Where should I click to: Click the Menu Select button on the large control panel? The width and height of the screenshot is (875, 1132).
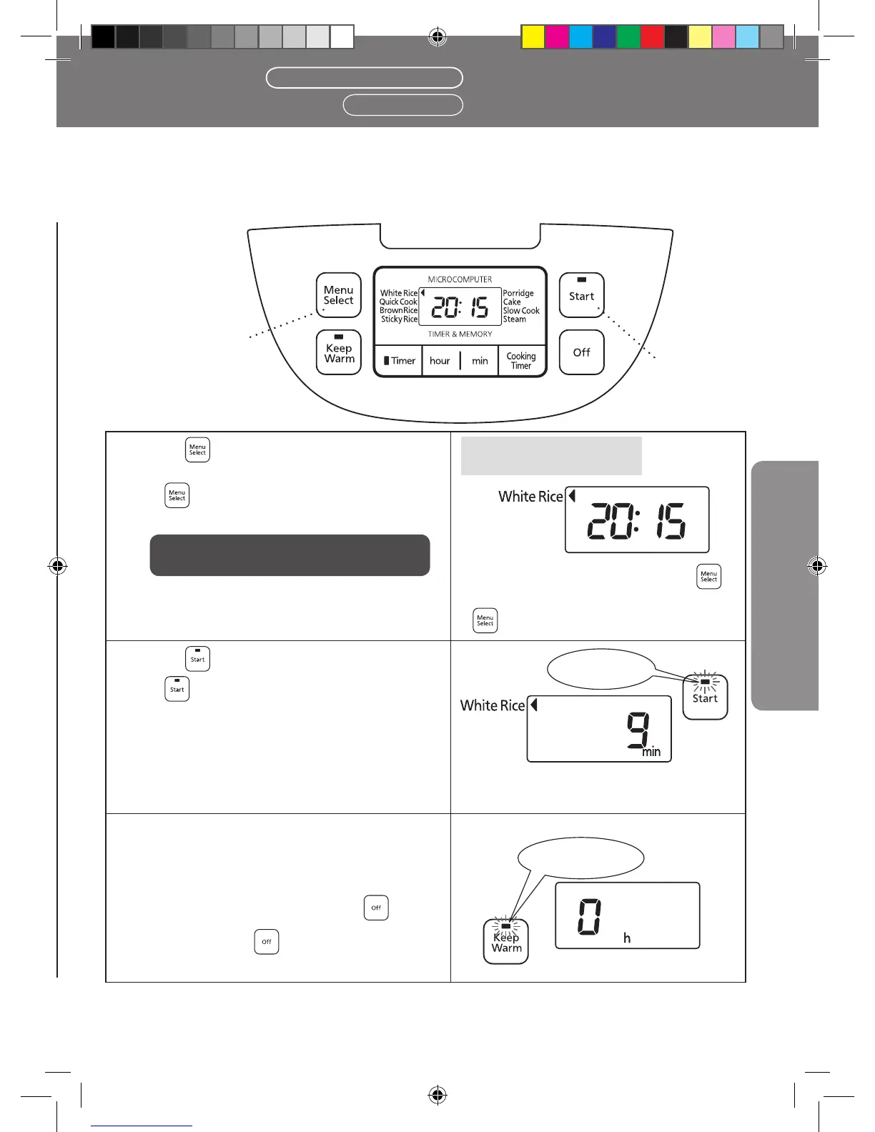click(x=339, y=295)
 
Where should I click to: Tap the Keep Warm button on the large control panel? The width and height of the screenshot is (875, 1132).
click(x=339, y=352)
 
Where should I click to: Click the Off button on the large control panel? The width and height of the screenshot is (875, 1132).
click(x=581, y=352)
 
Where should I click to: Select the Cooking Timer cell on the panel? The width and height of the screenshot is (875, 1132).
click(x=521, y=361)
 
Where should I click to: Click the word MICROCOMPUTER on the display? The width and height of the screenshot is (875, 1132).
click(x=460, y=279)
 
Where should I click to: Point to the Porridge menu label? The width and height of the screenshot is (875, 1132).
click(x=518, y=294)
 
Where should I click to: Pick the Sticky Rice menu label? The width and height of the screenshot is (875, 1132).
click(x=399, y=319)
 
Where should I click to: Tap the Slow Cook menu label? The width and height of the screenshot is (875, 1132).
click(x=521, y=311)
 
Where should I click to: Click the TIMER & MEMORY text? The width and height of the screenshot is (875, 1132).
click(x=460, y=334)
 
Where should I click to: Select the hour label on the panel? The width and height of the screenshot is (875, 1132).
click(x=440, y=361)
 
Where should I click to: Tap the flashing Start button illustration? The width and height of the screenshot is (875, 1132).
click(x=705, y=695)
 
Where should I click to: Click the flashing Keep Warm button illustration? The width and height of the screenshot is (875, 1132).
click(x=506, y=941)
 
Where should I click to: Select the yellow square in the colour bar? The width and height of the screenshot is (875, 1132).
click(x=533, y=37)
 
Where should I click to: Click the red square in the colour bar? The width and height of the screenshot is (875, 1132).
click(x=652, y=37)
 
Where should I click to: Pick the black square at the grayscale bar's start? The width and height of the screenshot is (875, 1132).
click(x=104, y=37)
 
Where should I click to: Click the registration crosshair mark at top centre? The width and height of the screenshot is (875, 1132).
click(x=437, y=37)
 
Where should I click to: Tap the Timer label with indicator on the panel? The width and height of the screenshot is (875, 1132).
click(x=399, y=361)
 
